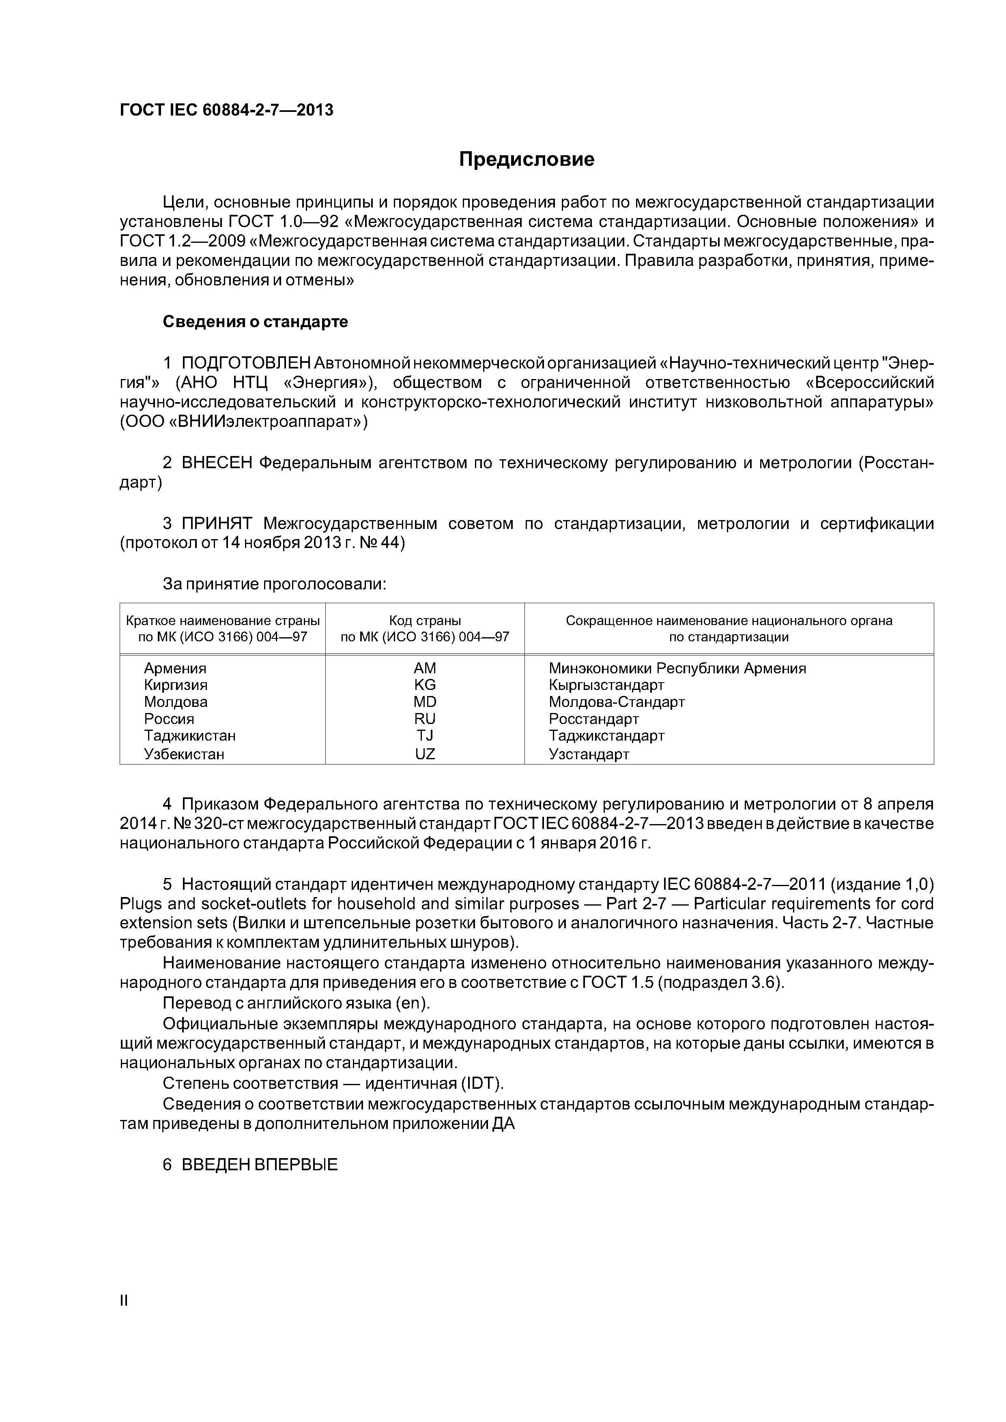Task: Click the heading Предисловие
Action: tap(526, 160)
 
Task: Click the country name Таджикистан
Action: tap(190, 736)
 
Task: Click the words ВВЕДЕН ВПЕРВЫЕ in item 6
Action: tap(260, 1165)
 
